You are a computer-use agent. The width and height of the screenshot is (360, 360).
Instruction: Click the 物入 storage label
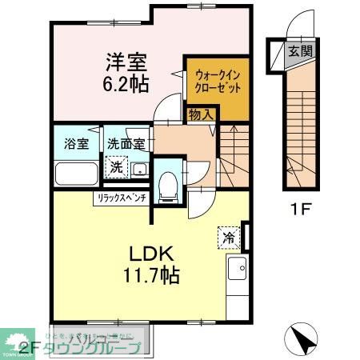(200, 115)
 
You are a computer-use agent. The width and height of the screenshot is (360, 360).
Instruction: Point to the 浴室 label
(76, 145)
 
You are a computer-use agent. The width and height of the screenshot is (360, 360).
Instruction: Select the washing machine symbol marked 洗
(117, 168)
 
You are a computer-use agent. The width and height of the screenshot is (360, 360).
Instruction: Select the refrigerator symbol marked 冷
(228, 237)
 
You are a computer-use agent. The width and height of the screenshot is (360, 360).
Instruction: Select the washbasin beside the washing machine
(138, 169)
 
